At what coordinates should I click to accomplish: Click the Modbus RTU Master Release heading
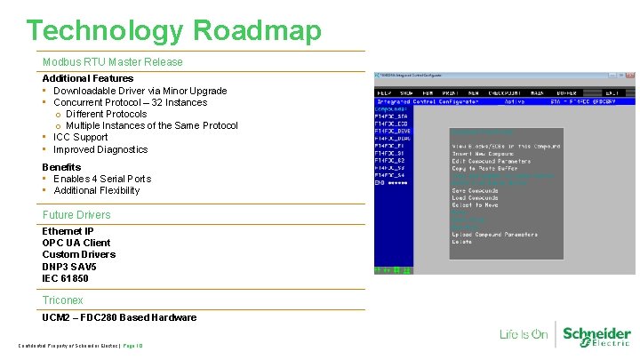[112, 62]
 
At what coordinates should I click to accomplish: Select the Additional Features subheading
[88, 78]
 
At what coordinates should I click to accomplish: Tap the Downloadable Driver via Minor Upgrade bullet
[140, 91]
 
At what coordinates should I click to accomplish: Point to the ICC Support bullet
[80, 138]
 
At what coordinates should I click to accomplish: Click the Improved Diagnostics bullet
[100, 149]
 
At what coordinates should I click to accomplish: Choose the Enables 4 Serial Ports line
[102, 179]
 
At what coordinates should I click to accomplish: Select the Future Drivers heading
[76, 215]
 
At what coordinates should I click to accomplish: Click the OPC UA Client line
[76, 243]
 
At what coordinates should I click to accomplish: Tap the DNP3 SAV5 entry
[69, 267]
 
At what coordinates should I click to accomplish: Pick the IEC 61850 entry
[65, 278]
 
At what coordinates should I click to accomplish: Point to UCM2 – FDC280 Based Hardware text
[119, 317]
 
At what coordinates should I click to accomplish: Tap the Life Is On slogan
[523, 334]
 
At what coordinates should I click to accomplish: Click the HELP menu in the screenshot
[384, 92]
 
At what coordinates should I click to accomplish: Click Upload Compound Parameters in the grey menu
[494, 235]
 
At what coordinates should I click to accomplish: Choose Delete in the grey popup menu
[461, 242]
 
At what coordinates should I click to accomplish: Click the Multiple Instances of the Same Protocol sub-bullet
[151, 125]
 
